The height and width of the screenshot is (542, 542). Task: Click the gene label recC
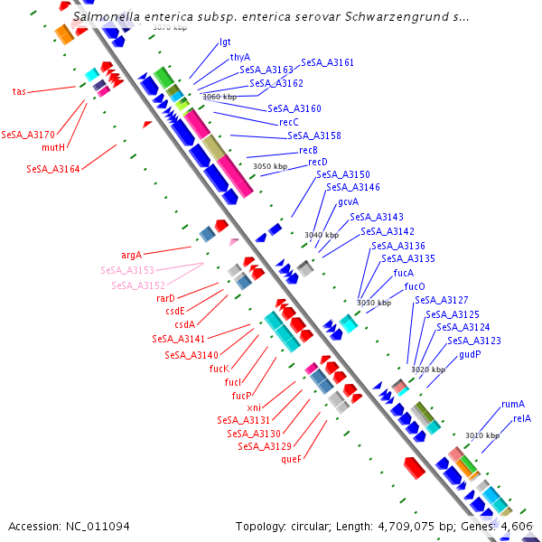(288, 122)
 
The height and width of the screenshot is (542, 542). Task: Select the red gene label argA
(132, 255)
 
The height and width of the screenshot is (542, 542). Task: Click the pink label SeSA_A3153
(127, 270)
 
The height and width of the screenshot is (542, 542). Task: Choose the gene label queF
(291, 459)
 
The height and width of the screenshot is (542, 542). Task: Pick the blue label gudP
(470, 354)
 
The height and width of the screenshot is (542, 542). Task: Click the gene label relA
(521, 418)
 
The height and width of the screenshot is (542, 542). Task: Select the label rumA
(512, 404)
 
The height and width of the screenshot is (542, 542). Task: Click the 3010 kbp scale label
(482, 435)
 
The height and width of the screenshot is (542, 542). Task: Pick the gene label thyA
(239, 57)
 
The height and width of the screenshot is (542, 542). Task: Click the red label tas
(19, 91)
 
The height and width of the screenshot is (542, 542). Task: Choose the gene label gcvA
(348, 202)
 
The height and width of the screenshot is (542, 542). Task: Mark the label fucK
(219, 369)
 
